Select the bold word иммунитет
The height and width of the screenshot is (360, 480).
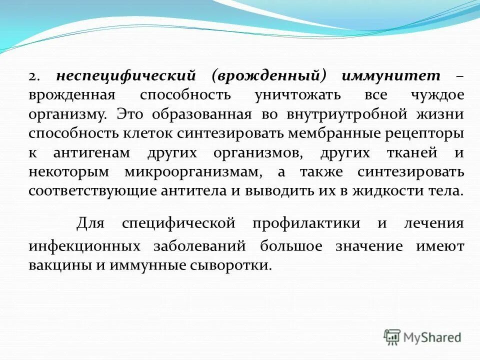click(x=391, y=76)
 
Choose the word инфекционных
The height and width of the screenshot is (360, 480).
click(x=83, y=246)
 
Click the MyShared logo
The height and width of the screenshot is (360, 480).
click(x=422, y=337)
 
